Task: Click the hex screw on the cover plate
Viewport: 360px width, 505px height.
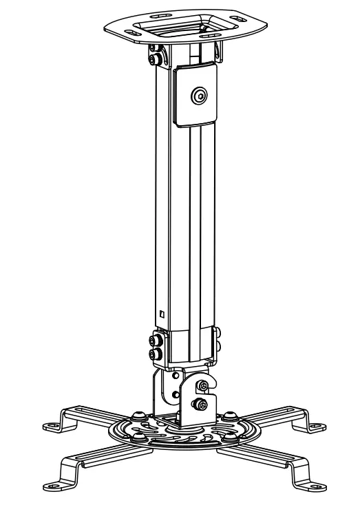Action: click(200, 96)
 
